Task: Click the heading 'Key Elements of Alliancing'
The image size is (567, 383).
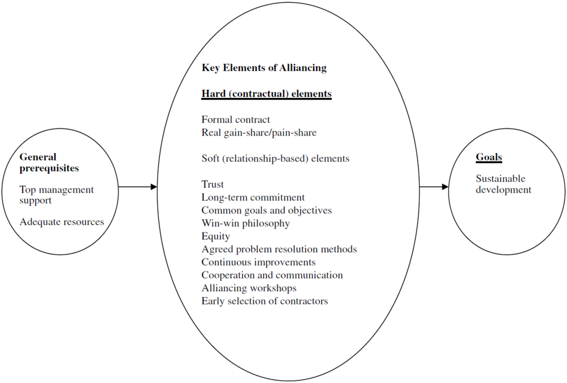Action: tap(264, 68)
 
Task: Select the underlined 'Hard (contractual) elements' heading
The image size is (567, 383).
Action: tap(266, 94)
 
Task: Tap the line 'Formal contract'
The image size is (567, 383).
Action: tap(236, 120)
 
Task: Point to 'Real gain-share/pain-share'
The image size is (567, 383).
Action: tap(259, 132)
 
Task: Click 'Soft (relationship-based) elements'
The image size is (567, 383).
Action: tap(275, 158)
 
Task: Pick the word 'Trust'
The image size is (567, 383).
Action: tap(213, 184)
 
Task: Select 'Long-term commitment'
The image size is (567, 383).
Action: tap(253, 197)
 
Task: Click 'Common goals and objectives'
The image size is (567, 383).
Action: tap(266, 210)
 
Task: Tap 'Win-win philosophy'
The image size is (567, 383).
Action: tap(245, 224)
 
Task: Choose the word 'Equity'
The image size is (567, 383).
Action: tap(215, 236)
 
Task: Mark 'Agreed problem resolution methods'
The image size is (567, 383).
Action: tap(279, 249)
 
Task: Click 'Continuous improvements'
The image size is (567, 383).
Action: tap(258, 262)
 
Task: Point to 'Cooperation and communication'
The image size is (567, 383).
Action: tap(272, 275)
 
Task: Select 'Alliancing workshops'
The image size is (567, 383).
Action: tap(249, 288)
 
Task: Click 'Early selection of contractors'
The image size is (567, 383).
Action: tap(265, 301)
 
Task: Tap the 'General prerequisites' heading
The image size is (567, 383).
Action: tap(49, 163)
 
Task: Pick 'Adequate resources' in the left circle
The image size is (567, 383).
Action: tap(61, 222)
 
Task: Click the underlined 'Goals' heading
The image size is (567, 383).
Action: tap(489, 157)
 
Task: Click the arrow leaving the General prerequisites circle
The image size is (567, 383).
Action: tap(138, 187)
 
